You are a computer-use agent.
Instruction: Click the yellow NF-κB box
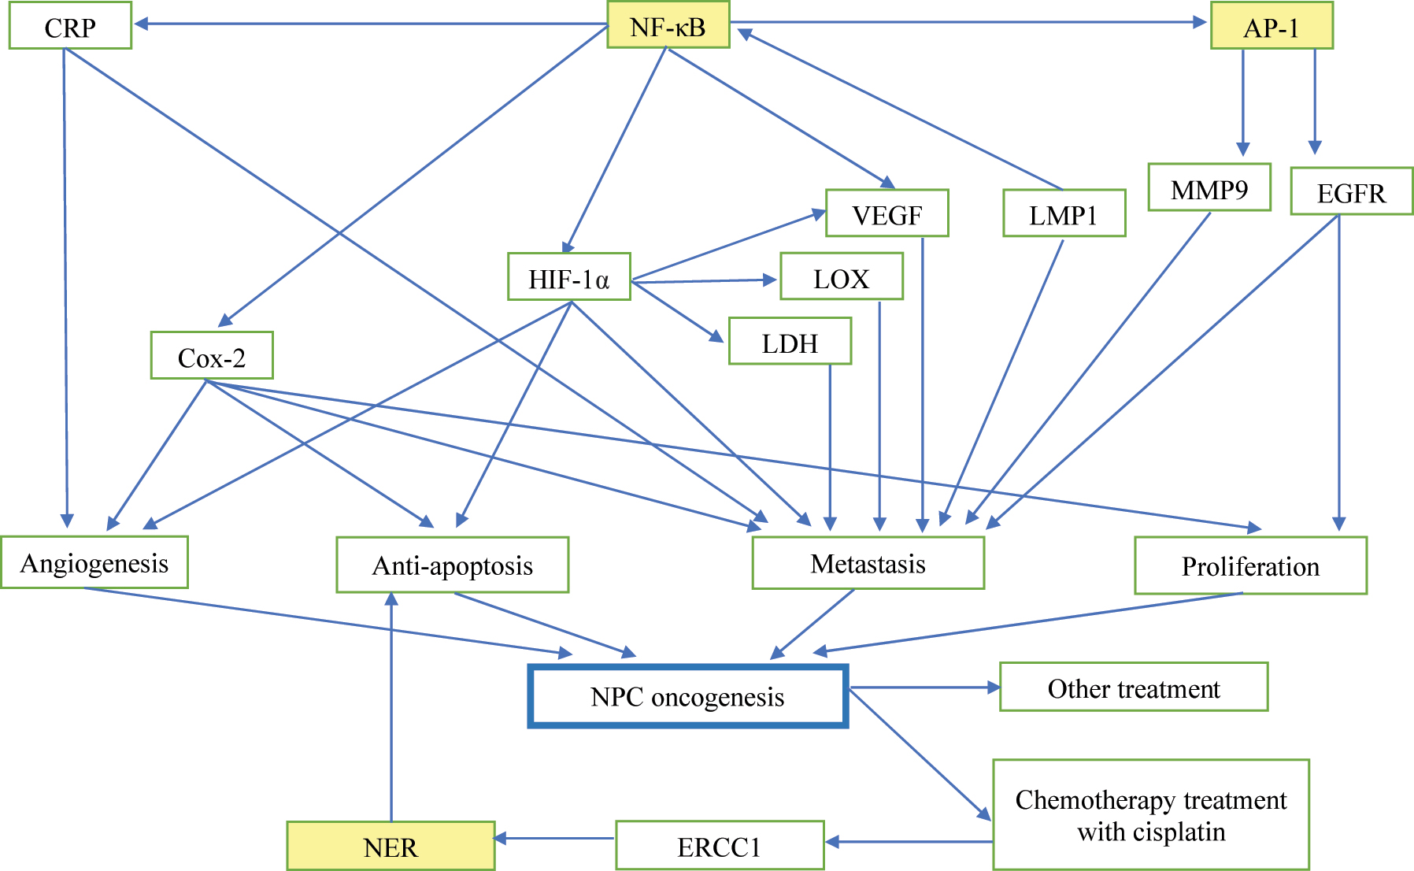pyautogui.click(x=668, y=25)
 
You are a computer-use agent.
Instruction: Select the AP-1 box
pyautogui.click(x=1271, y=27)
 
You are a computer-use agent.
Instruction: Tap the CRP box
pyautogui.click(x=70, y=27)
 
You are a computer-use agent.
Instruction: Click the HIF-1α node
pyautogui.click(x=568, y=277)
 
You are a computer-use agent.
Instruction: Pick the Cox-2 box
pyautogui.click(x=212, y=356)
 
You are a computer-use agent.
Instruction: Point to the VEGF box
pyautogui.click(x=887, y=213)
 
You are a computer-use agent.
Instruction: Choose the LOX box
pyautogui.click(x=841, y=277)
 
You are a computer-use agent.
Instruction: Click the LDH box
pyautogui.click(x=790, y=342)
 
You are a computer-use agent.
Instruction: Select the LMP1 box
pyautogui.click(x=1064, y=213)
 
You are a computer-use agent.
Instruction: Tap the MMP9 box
pyautogui.click(x=1209, y=188)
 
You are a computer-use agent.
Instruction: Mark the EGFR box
pyautogui.click(x=1351, y=191)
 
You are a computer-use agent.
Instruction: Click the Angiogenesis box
pyautogui.click(x=94, y=562)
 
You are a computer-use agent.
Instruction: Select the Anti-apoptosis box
pyautogui.click(x=452, y=565)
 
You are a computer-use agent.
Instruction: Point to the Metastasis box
pyautogui.click(x=868, y=563)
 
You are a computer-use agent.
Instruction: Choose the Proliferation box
pyautogui.click(x=1250, y=565)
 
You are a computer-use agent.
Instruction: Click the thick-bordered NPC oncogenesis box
pyautogui.click(x=687, y=696)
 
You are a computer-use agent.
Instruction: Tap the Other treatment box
pyautogui.click(x=1133, y=688)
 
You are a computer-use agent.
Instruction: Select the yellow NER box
pyautogui.click(x=391, y=846)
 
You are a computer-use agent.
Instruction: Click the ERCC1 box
pyautogui.click(x=720, y=846)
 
